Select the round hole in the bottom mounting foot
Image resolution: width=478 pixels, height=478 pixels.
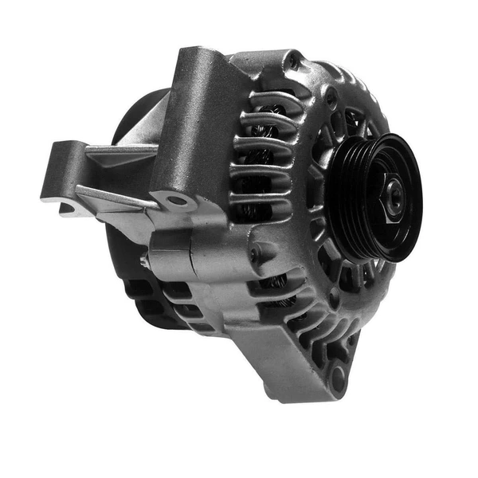click(339, 378)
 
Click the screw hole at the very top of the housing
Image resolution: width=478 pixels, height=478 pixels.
click(296, 59)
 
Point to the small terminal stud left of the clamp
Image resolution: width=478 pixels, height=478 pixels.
click(144, 260)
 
